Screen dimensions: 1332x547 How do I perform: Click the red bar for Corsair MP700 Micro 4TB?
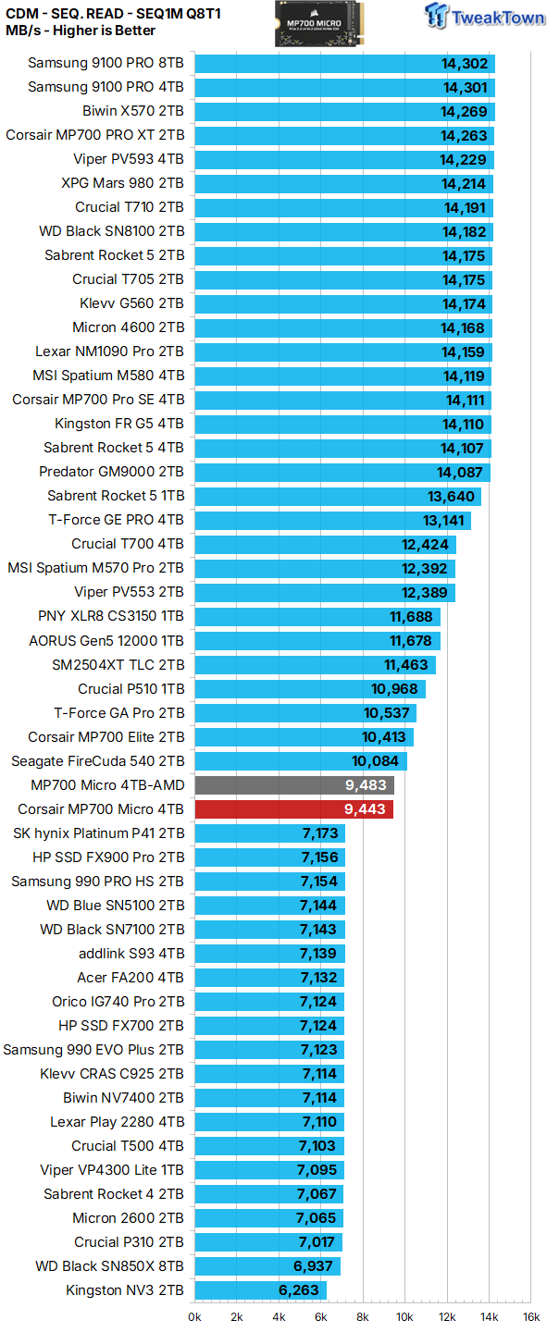coord(293,809)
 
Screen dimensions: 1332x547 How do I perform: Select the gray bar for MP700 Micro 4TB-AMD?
coord(294,785)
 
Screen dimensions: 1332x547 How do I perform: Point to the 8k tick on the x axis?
coord(363,1316)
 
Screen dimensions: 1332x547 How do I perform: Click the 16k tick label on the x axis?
coord(530,1316)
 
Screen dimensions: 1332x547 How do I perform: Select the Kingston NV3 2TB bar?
coord(260,1290)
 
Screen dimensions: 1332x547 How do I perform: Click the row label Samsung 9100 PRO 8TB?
coord(106,64)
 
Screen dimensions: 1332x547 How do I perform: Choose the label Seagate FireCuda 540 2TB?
coord(97,761)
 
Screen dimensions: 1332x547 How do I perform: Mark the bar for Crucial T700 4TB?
coord(325,544)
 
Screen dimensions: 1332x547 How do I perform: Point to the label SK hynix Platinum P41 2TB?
coord(98,833)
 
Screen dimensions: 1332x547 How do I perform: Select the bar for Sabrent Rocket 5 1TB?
coord(338,496)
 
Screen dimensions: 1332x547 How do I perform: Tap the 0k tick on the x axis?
coord(195,1316)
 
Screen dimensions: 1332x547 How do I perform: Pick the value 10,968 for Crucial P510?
coord(396,689)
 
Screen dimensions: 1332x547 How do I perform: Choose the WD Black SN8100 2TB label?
coord(111,231)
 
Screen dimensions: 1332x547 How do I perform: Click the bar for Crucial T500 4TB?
coord(269,1146)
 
